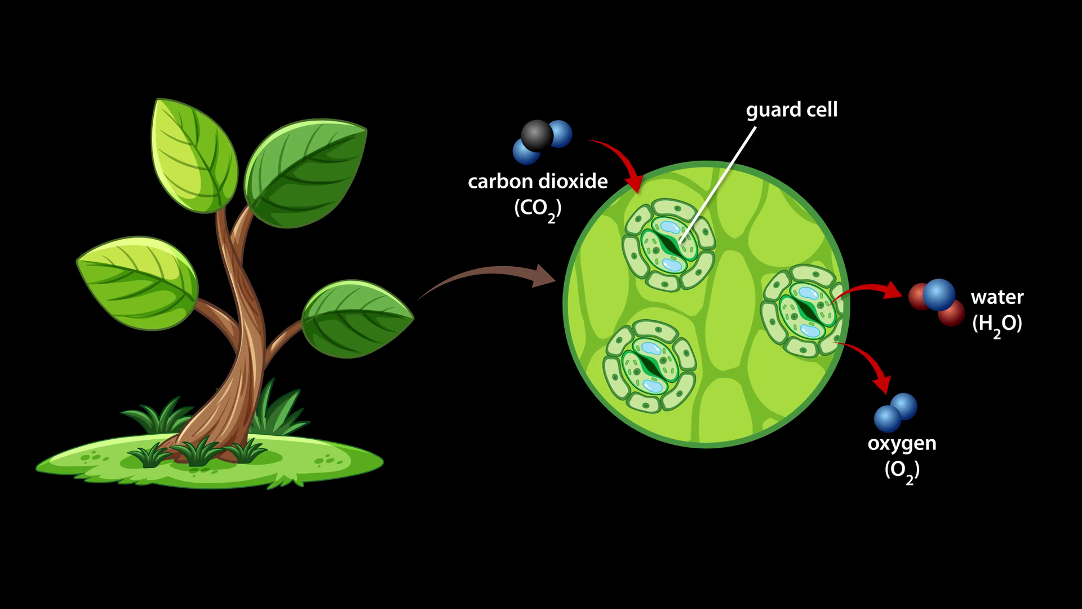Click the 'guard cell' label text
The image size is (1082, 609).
791,109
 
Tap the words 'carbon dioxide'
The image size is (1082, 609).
538,182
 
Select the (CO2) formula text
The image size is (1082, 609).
538,209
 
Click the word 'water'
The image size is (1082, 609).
997,297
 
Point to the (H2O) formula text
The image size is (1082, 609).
997,324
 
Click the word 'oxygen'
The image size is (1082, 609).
902,443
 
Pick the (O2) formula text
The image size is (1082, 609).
902,470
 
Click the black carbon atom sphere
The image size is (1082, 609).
536,135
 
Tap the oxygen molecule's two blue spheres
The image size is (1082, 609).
895,412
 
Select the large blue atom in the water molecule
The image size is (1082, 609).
939,294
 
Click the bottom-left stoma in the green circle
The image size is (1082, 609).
649,365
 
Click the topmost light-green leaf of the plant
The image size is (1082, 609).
194,155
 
